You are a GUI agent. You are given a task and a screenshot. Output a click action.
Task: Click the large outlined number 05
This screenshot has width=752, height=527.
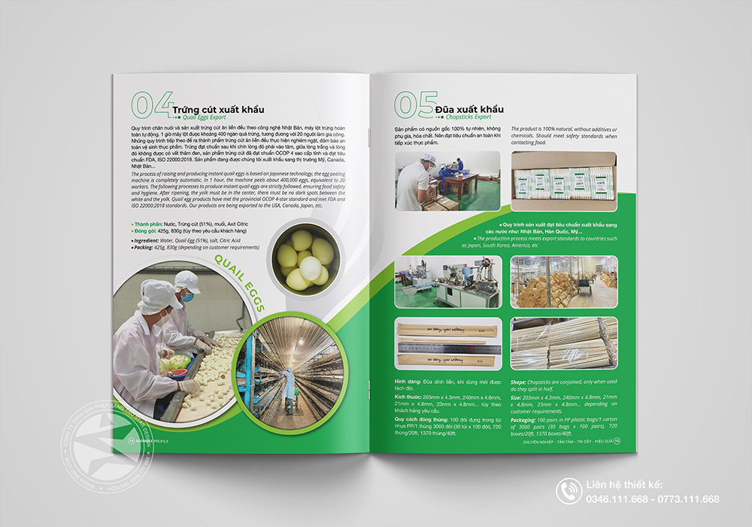[x=416, y=105]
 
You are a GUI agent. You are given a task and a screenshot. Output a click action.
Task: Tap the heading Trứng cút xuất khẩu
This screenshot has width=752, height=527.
[x=218, y=110]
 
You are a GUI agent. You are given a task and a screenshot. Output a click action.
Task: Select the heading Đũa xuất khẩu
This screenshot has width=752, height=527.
[x=471, y=109]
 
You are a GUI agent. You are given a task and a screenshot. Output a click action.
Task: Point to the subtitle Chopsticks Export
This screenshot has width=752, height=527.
[x=462, y=118]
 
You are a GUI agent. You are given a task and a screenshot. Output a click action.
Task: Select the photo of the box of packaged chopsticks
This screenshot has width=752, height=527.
[x=564, y=181]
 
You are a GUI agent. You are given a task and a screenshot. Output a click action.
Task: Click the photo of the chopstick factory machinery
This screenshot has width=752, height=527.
[x=447, y=282]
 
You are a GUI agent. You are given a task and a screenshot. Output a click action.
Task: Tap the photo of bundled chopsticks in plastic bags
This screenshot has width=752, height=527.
[x=564, y=343]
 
